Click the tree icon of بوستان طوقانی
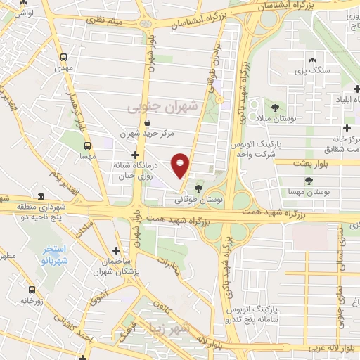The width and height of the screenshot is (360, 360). [199, 188]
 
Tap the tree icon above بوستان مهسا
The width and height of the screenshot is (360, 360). [309, 181]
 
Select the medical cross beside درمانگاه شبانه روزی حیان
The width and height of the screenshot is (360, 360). [134, 155]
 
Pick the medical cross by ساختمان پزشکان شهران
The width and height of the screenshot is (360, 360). [116, 250]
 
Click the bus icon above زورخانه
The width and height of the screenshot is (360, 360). [30, 290]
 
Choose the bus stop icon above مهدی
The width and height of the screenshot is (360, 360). [64, 57]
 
